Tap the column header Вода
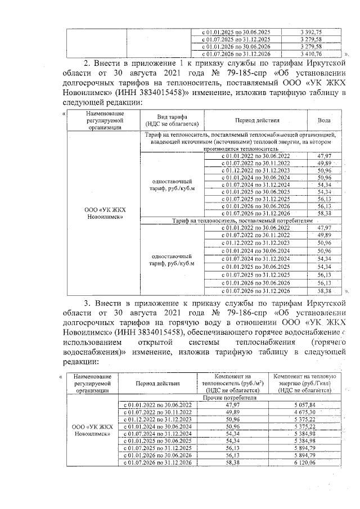(324, 120)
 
